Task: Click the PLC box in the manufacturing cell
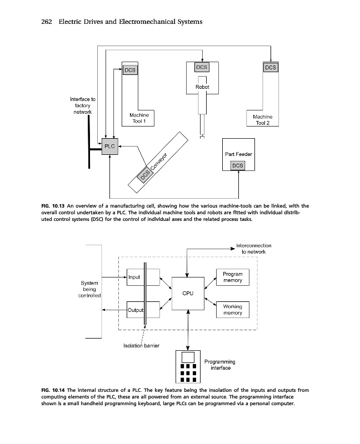[x=109, y=147]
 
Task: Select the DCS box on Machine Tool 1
[x=129, y=70]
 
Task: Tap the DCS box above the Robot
[x=202, y=67]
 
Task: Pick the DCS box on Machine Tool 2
[x=270, y=67]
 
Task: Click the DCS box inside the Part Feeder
[x=237, y=165]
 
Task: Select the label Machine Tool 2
[x=262, y=120]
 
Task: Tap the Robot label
[x=202, y=87]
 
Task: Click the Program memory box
[x=232, y=277]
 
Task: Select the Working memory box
[x=232, y=310]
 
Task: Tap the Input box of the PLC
[x=135, y=277]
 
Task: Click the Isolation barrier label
[x=141, y=346]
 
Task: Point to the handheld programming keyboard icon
[x=188, y=367]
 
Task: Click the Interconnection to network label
[x=253, y=248]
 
